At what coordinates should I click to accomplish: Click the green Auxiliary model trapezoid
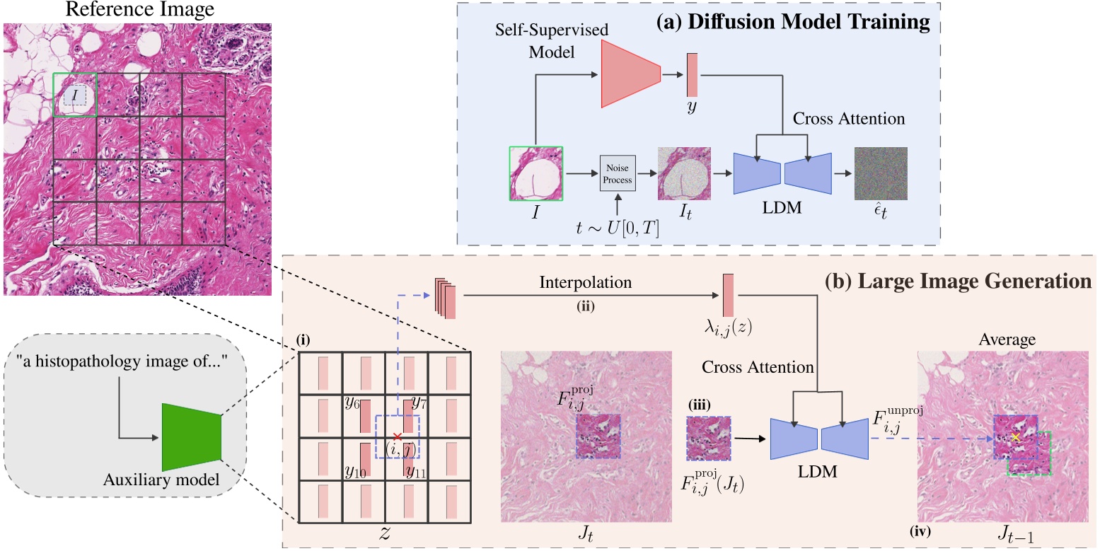[x=192, y=438]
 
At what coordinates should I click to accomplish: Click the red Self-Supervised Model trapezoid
[x=630, y=74]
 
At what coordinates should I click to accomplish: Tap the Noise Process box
[x=618, y=173]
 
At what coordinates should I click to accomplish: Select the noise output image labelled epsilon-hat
[x=881, y=173]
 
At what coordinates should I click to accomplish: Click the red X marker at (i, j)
[x=398, y=436]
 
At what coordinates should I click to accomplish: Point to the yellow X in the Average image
[x=1016, y=437]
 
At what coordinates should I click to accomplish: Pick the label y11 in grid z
[x=415, y=471]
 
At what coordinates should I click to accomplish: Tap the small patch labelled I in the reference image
[x=75, y=94]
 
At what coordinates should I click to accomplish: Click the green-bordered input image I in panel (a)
[x=536, y=173]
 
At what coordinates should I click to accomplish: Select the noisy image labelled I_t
[x=684, y=173]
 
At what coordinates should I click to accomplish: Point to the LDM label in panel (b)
[x=820, y=472]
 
